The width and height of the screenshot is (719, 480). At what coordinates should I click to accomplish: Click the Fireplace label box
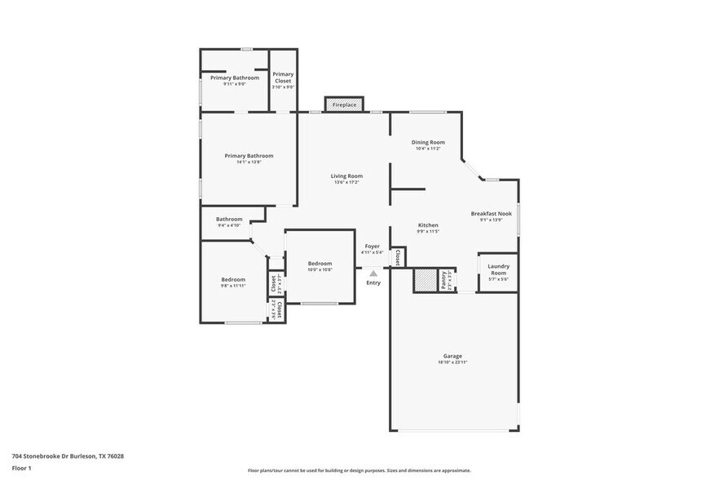(x=344, y=104)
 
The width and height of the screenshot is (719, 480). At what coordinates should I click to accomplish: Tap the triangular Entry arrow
(x=373, y=274)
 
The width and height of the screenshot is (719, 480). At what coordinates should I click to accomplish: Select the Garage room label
(x=452, y=356)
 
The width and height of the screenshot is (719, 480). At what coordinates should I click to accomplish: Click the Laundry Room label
(x=498, y=269)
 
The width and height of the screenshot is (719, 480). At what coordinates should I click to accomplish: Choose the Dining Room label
(x=427, y=142)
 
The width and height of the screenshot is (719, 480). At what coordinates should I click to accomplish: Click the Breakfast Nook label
(x=492, y=214)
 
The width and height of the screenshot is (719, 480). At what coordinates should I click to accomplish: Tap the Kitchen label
(x=428, y=225)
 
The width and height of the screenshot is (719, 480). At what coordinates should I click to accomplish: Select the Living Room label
(x=346, y=176)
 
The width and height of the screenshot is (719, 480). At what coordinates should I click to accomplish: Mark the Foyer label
(x=372, y=246)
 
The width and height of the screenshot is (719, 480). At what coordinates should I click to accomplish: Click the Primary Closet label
(x=283, y=78)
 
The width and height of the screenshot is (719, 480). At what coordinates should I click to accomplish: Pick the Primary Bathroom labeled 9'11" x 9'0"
(x=235, y=78)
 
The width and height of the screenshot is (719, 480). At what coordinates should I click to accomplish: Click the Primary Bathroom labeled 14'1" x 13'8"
(x=249, y=156)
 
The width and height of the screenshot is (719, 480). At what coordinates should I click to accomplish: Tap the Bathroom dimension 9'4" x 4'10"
(x=229, y=225)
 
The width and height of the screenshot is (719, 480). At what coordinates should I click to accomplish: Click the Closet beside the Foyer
(x=397, y=257)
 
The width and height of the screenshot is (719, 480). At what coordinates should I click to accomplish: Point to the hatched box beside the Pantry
(x=426, y=280)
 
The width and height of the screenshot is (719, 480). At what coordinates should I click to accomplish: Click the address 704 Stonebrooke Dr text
(x=68, y=456)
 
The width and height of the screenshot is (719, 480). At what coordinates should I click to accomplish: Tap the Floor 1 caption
(x=22, y=468)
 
